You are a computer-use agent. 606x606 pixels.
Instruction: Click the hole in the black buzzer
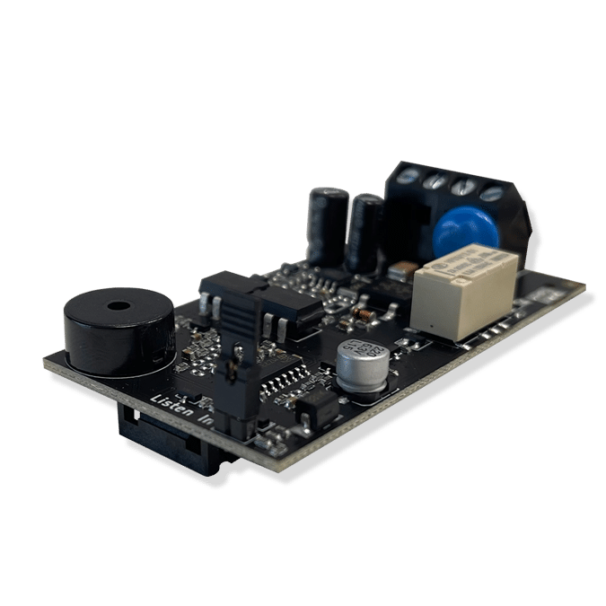click(x=116, y=307)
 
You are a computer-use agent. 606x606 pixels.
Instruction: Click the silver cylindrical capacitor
click(x=364, y=363)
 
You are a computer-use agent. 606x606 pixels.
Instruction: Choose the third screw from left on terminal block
click(x=463, y=187)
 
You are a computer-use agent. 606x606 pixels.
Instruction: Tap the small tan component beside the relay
click(x=400, y=268)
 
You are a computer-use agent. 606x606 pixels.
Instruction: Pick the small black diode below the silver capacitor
click(x=318, y=409)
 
